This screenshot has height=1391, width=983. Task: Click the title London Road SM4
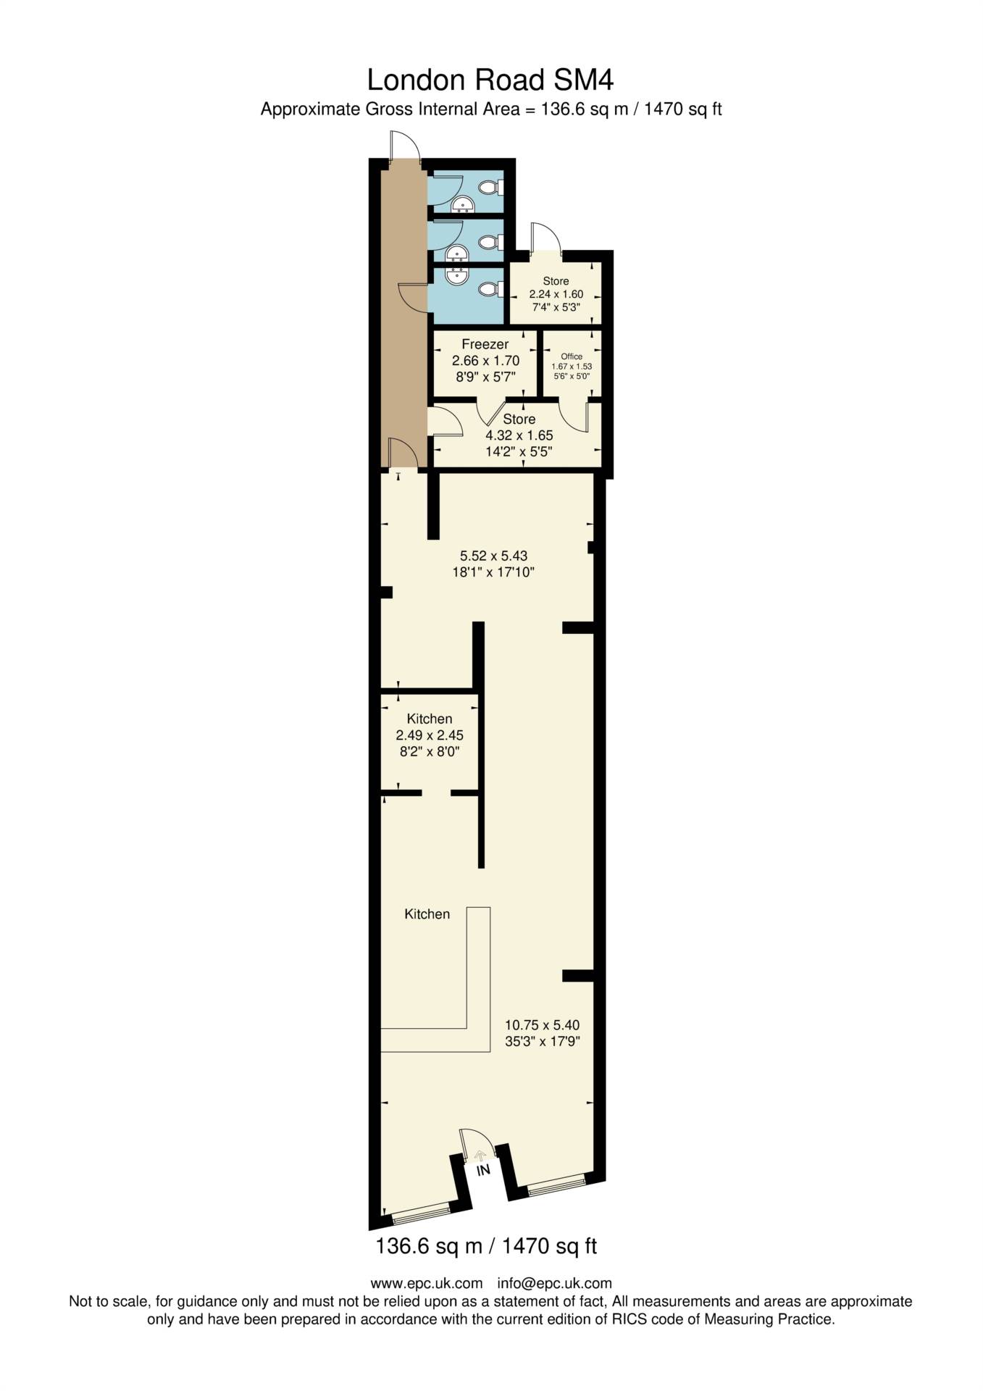[x=490, y=80]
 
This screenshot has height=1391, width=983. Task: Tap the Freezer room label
[x=485, y=344]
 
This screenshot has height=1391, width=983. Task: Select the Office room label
[x=572, y=356]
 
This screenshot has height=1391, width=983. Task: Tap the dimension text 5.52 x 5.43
[x=493, y=556]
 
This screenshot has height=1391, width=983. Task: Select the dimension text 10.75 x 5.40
[x=542, y=1025]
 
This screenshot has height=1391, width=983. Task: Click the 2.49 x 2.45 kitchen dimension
[x=429, y=735]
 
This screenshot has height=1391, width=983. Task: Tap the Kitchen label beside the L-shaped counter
[x=427, y=914]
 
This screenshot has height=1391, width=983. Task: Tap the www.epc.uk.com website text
[x=426, y=1283]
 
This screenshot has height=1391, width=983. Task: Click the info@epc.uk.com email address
[x=554, y=1283]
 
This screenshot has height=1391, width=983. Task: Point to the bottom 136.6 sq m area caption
[x=485, y=1246]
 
